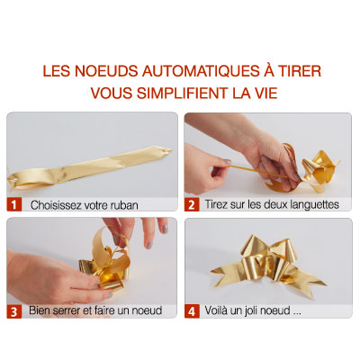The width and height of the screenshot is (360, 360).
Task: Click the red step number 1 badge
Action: click(13, 204)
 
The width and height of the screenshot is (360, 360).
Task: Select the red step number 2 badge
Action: click(192, 204)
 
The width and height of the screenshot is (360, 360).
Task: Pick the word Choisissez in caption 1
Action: click(57, 205)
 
